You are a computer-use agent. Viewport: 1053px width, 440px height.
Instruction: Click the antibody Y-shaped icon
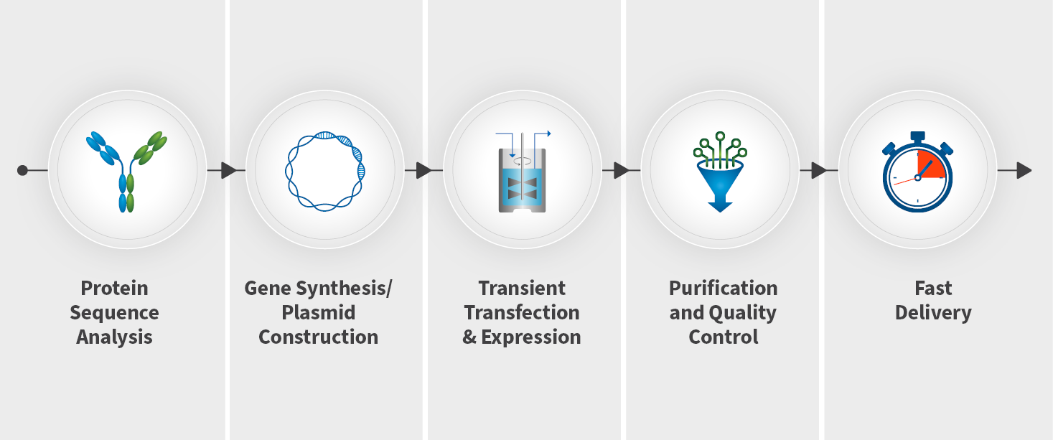click(126, 172)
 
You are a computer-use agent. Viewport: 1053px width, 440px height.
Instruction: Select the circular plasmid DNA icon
click(325, 171)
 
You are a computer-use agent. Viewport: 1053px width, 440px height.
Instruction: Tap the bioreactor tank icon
click(523, 172)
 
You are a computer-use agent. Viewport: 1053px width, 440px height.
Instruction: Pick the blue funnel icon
click(720, 172)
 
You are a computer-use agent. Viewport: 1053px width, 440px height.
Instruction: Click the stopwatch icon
click(917, 172)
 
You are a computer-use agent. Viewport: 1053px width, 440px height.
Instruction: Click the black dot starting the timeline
click(22, 170)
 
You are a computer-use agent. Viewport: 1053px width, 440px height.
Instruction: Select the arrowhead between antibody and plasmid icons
click(229, 170)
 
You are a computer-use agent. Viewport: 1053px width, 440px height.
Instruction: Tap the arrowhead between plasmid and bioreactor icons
click(424, 170)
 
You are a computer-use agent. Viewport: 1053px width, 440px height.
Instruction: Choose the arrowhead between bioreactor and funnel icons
click(622, 170)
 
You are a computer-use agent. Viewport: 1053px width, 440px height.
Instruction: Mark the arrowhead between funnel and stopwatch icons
click(819, 170)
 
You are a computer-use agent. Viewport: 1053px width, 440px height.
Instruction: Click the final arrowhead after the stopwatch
click(1024, 170)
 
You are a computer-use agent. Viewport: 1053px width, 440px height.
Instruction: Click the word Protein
click(114, 288)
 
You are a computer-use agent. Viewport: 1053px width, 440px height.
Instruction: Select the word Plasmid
click(318, 313)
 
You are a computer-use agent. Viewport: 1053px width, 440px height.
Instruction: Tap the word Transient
click(522, 288)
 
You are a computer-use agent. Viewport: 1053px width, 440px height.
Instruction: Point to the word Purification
click(723, 288)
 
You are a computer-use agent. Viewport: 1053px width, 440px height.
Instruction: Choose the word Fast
click(933, 288)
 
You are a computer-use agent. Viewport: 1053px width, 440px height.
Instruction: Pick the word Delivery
click(933, 314)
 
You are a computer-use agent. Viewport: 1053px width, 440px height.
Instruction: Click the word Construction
click(318, 337)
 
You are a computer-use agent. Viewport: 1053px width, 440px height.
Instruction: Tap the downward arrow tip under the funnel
click(720, 212)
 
